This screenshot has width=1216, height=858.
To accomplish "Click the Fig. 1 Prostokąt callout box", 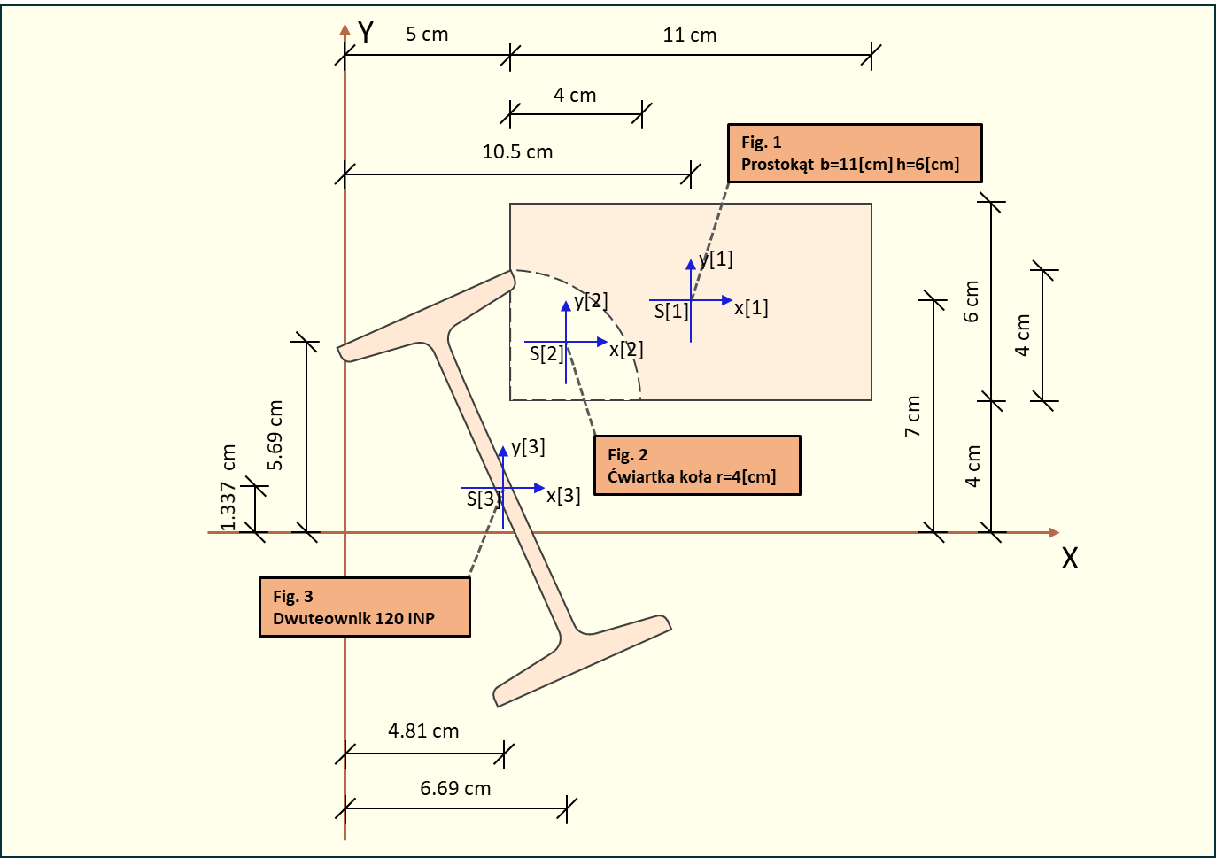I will pyautogui.click(x=855, y=153).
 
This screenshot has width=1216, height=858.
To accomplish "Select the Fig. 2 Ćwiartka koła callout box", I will pyautogui.click(x=697, y=465).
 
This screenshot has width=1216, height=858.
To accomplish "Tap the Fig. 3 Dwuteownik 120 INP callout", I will pyautogui.click(x=364, y=607).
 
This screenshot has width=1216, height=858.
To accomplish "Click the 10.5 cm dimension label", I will pyautogui.click(x=517, y=152).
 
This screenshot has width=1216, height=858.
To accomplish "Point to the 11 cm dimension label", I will pyautogui.click(x=689, y=35).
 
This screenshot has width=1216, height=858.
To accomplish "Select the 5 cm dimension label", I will pyautogui.click(x=427, y=35).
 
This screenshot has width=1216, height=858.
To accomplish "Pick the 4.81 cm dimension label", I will pyautogui.click(x=423, y=731).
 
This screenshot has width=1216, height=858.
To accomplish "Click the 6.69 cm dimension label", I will pyautogui.click(x=455, y=789).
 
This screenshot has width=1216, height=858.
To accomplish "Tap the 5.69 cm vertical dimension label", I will pyautogui.click(x=275, y=436).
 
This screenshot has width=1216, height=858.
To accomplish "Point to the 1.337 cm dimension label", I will pyautogui.click(x=228, y=488).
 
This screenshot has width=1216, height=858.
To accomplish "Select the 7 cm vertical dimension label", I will pyautogui.click(x=913, y=416).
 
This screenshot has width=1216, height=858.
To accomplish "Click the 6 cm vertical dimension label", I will pyautogui.click(x=972, y=302).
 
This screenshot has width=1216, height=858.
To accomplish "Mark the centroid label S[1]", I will pyautogui.click(x=671, y=312).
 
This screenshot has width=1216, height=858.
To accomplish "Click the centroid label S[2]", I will pyautogui.click(x=546, y=354).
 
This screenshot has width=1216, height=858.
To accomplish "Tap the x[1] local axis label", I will pyautogui.click(x=751, y=308).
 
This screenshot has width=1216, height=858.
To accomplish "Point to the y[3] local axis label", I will pyautogui.click(x=528, y=447).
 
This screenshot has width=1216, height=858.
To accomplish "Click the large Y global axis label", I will pyautogui.click(x=366, y=33).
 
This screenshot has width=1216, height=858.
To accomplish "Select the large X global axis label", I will pyautogui.click(x=1070, y=559).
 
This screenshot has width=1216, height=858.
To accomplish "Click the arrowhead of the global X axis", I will pyautogui.click(x=1053, y=532).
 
